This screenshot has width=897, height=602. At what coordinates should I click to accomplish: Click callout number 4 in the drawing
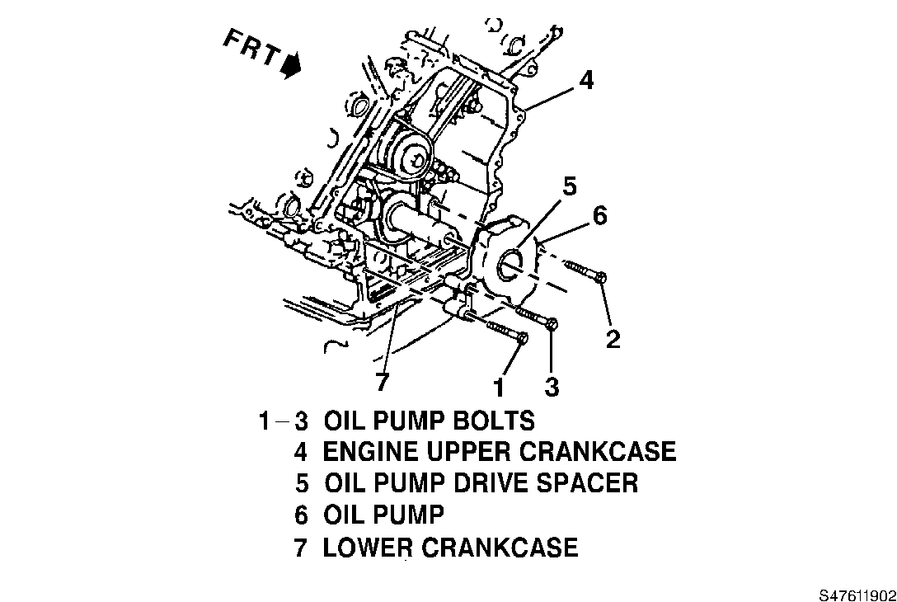click(585, 81)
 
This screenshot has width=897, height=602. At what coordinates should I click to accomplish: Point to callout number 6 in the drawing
click(599, 216)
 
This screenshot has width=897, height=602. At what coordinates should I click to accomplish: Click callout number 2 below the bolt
click(613, 339)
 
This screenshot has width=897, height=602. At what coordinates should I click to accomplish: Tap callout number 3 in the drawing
click(552, 385)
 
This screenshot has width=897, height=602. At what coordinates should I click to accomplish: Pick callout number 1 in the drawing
click(498, 385)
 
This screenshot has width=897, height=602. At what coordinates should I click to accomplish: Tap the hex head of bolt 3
click(552, 324)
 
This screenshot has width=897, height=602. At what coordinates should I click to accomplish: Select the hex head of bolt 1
click(523, 338)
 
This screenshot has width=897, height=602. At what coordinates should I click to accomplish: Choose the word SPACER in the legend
click(586, 482)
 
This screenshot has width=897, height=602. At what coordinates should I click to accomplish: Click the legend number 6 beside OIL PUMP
click(301, 515)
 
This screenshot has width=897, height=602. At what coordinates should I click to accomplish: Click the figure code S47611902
click(857, 594)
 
